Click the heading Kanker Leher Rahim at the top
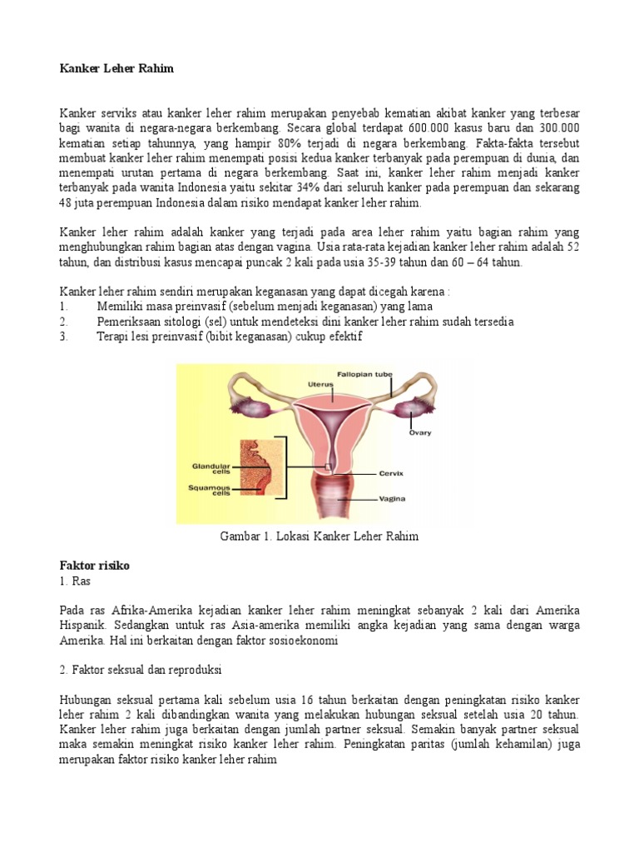click(x=116, y=69)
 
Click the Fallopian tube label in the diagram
click(x=364, y=374)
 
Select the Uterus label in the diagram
click(x=320, y=384)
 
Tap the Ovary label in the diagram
click(x=420, y=432)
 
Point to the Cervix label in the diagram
click(x=390, y=473)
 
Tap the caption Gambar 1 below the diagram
click(x=319, y=536)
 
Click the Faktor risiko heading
click(x=94, y=566)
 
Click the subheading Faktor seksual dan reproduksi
click(x=140, y=670)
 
